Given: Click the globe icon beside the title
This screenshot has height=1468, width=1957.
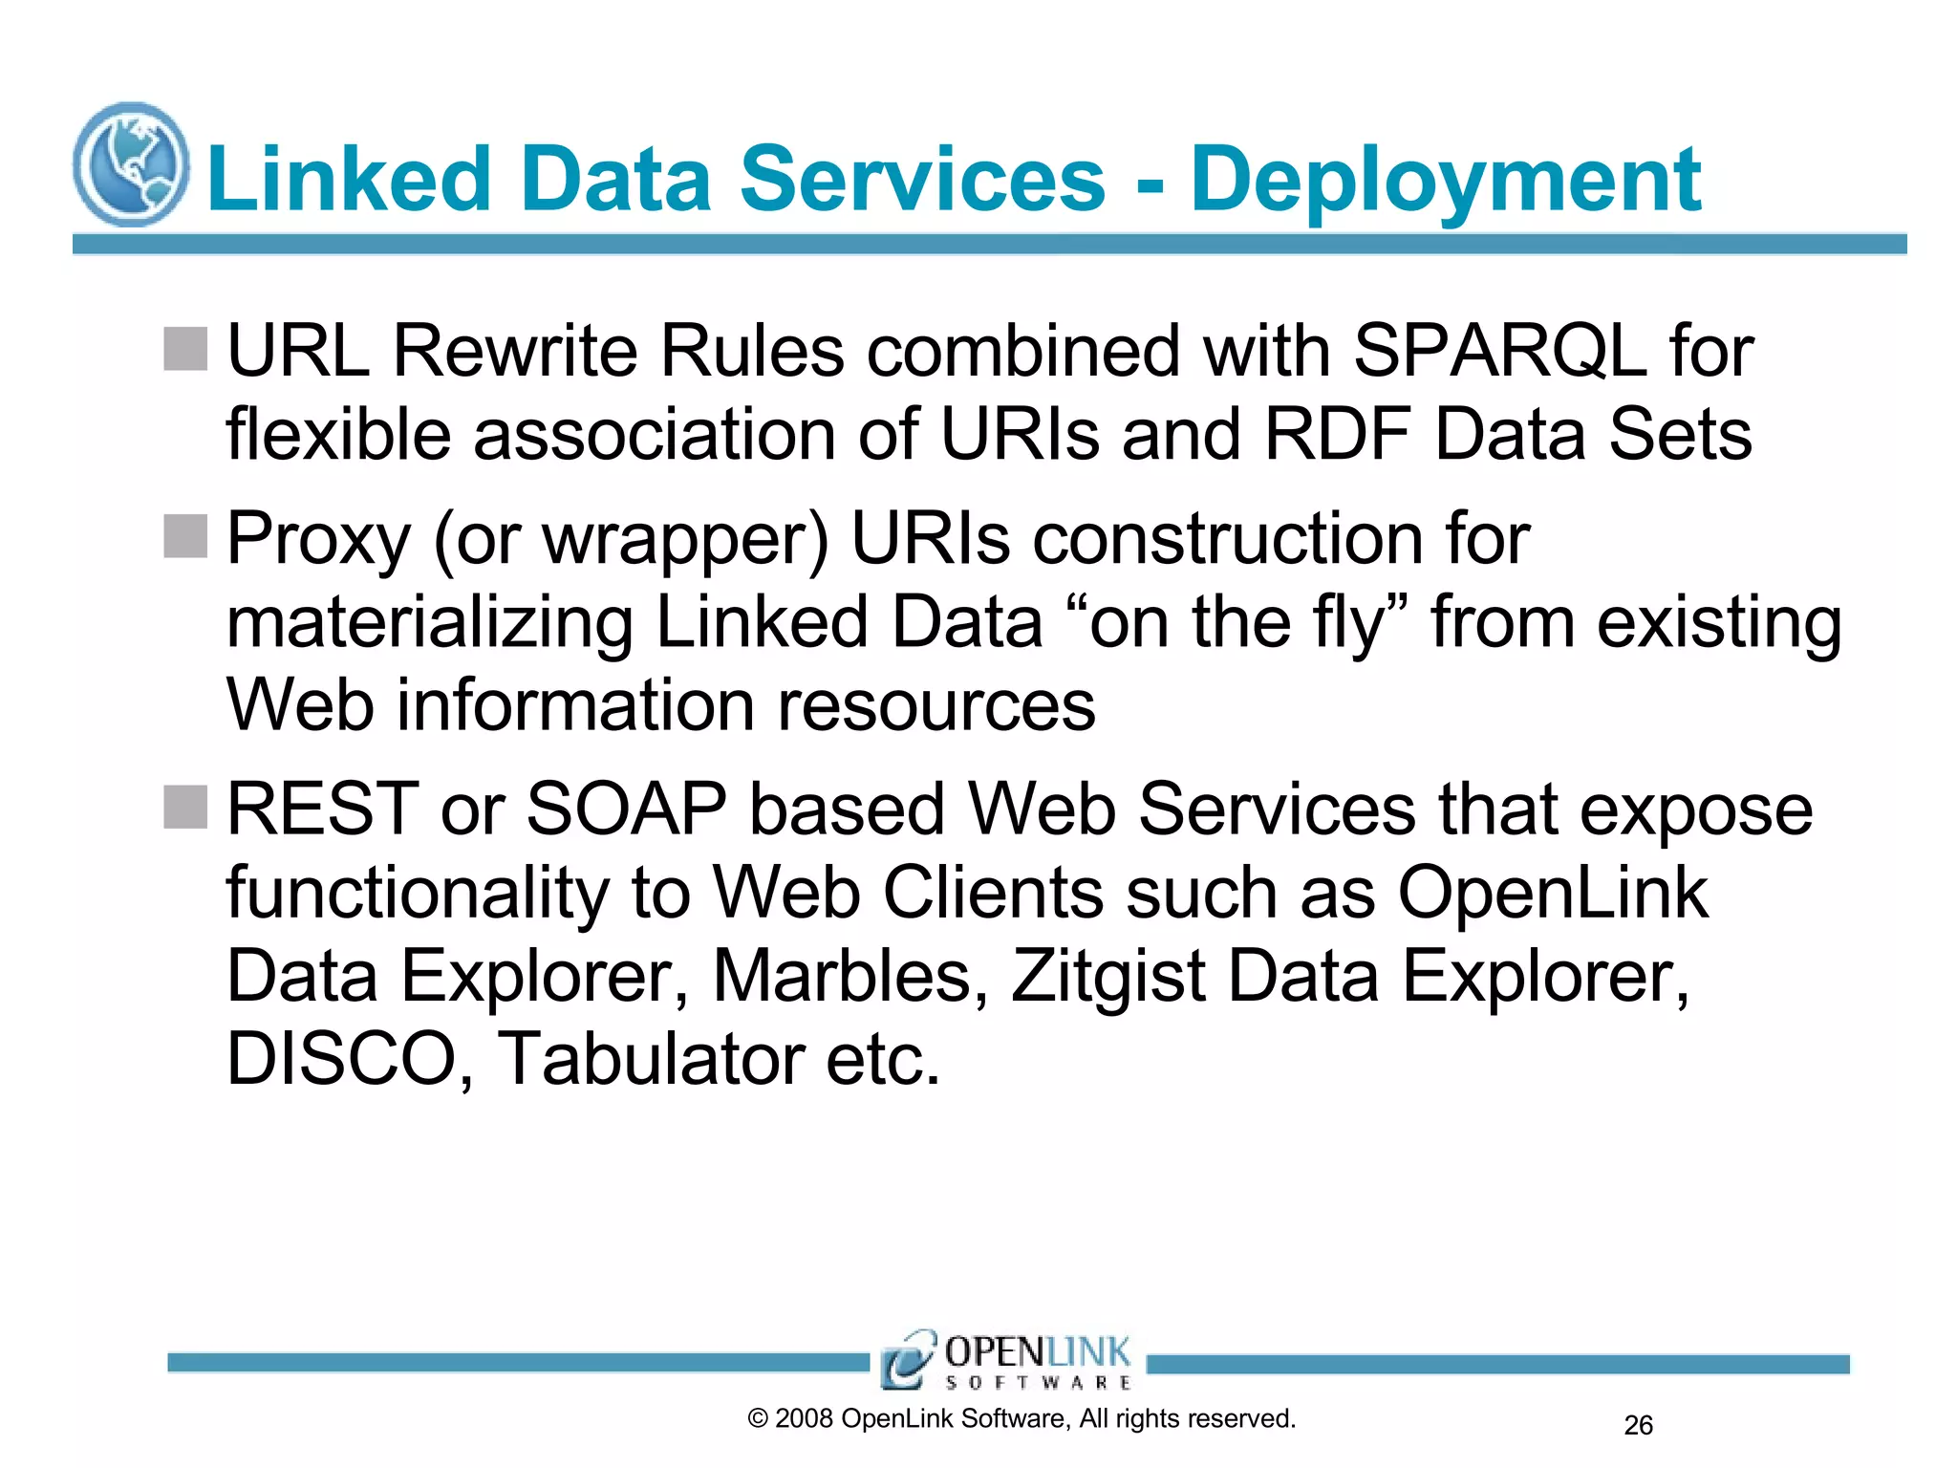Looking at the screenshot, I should (131, 164).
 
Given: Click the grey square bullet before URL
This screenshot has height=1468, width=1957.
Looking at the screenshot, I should (185, 349).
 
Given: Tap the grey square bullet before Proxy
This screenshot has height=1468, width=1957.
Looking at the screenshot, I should (185, 536).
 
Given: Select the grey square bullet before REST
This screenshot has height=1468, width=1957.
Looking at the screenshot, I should (185, 808).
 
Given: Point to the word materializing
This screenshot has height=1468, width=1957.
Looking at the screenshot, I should (429, 623).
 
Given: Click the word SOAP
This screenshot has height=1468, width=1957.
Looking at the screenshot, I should (626, 810).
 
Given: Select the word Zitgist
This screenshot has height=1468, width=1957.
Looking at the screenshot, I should (1108, 977).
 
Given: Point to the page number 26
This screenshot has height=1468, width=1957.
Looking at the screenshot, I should (1638, 1426).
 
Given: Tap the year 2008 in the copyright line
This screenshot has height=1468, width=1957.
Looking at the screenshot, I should (804, 1419).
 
